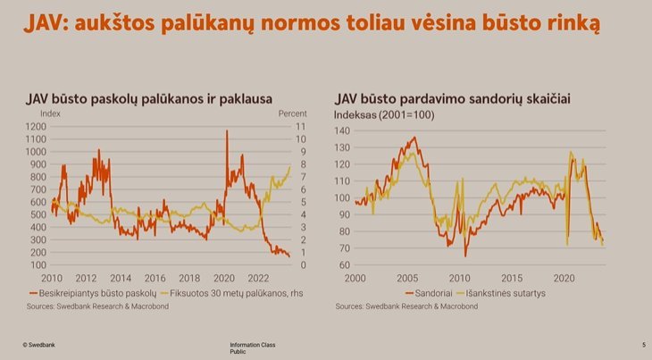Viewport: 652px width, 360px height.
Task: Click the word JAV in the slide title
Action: pyautogui.click(x=46, y=21)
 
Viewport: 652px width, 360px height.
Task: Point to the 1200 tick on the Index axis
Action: pyautogui.click(x=36, y=127)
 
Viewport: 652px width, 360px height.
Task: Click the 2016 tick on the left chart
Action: pyautogui.click(x=155, y=278)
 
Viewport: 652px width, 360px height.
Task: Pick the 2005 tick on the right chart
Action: pyautogui.click(x=408, y=278)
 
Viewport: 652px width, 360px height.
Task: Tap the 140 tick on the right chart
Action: pyautogui.click(x=342, y=130)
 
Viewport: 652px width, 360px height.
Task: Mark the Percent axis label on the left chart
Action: pyautogui.click(x=293, y=114)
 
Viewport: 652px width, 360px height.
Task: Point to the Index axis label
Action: pyautogui.click(x=51, y=114)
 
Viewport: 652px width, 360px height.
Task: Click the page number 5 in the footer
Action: pyautogui.click(x=643, y=344)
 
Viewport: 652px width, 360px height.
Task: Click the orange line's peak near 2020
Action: pyautogui.click(x=226, y=132)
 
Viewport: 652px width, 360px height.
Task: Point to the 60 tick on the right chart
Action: pyautogui.click(x=344, y=265)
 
